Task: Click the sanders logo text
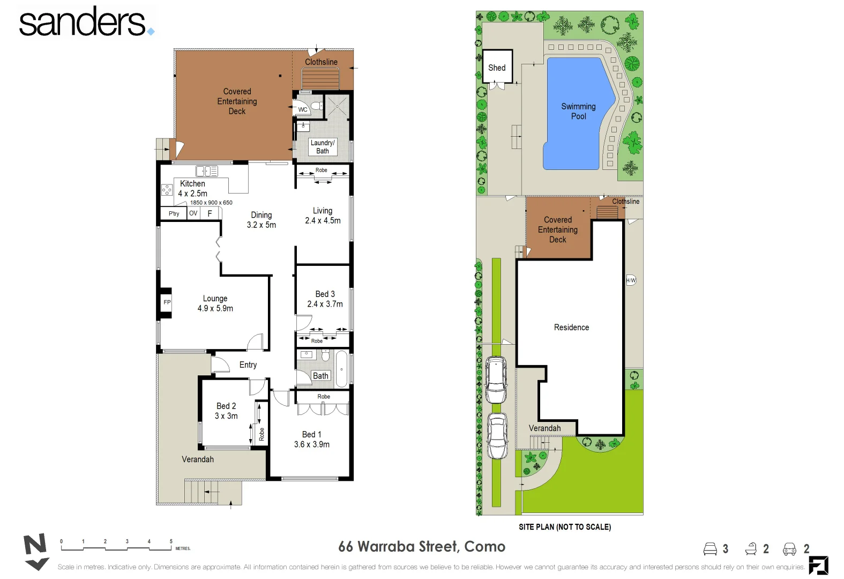click(x=83, y=23)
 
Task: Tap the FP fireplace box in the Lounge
click(x=167, y=302)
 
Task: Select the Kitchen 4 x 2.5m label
click(x=192, y=188)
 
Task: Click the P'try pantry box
click(x=174, y=213)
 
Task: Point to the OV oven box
click(x=193, y=213)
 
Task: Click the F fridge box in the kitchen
click(x=210, y=213)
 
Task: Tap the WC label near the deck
click(x=303, y=110)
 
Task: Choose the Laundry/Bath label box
click(x=323, y=147)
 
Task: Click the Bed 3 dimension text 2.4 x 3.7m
click(x=325, y=304)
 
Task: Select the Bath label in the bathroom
click(x=320, y=376)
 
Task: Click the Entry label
click(x=248, y=365)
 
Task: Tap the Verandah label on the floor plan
click(x=198, y=459)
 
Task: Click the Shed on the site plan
click(x=497, y=67)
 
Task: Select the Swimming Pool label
click(x=578, y=111)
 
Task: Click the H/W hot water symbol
click(x=631, y=280)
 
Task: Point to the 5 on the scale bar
click(x=171, y=541)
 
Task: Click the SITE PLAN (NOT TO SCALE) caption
click(x=564, y=527)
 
